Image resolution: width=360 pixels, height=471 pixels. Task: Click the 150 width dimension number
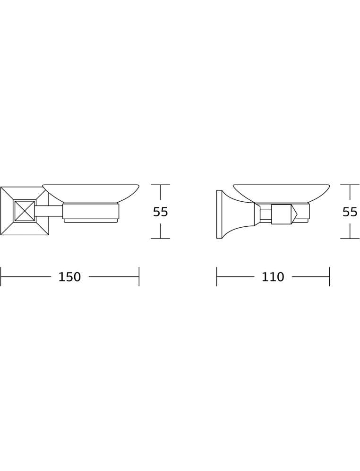[70, 277]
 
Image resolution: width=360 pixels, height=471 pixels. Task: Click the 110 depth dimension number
[273, 277]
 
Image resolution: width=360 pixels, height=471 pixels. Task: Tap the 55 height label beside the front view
[160, 212]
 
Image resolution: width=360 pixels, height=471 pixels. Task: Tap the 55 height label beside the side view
[350, 212]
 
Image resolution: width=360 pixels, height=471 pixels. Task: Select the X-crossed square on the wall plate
[25, 211]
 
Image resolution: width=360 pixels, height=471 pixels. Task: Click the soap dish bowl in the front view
[91, 194]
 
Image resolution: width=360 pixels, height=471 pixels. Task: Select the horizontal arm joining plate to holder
[49, 211]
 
